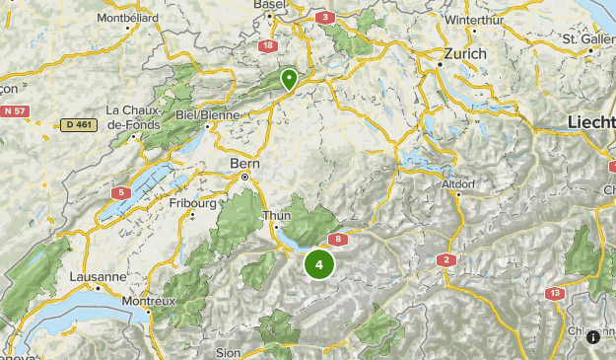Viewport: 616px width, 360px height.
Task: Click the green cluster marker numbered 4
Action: tap(318, 264)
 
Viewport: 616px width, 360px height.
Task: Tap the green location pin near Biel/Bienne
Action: tap(289, 79)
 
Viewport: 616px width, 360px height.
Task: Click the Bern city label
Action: tap(242, 162)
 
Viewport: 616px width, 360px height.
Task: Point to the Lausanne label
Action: tap(99, 277)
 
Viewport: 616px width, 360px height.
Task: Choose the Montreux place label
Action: tap(148, 300)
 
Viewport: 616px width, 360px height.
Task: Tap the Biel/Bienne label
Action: tap(208, 114)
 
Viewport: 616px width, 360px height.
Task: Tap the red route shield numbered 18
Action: tap(268, 45)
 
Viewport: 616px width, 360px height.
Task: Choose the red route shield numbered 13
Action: tap(555, 293)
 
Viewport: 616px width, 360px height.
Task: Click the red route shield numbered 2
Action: tap(445, 259)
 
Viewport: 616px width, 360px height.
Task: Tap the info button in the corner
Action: tap(593, 337)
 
